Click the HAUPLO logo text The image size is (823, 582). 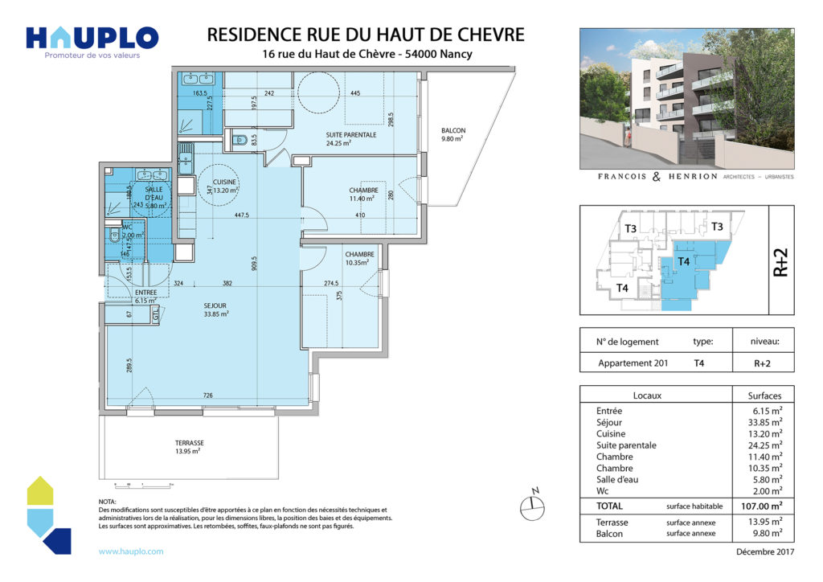(92, 37)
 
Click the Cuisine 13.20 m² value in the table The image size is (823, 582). (764, 434)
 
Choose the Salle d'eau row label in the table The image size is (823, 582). (616, 480)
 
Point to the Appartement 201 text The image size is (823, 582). (633, 363)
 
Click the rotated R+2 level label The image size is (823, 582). (780, 262)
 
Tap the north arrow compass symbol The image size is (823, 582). (530, 504)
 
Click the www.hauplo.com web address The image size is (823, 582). (131, 551)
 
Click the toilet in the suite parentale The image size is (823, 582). (240, 140)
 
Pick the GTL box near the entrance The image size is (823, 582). (156, 315)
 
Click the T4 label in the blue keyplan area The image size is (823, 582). (684, 261)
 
